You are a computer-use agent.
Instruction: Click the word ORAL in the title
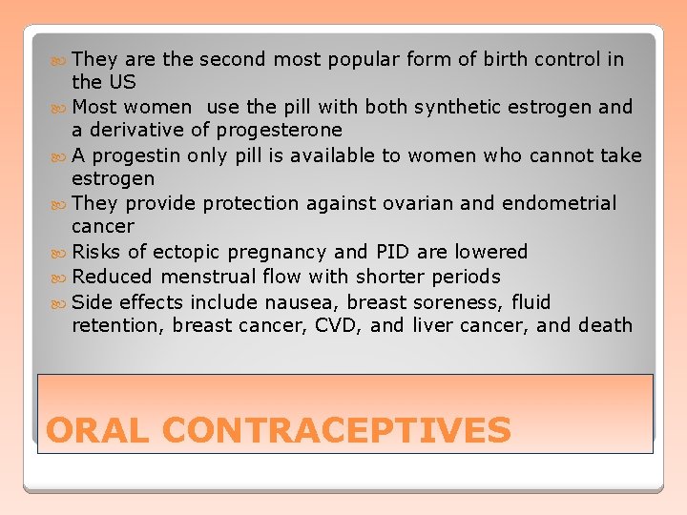pyautogui.click(x=99, y=430)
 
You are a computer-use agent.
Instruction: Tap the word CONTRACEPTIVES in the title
pyautogui.click(x=337, y=430)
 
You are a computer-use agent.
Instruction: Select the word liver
pyautogui.click(x=434, y=325)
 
